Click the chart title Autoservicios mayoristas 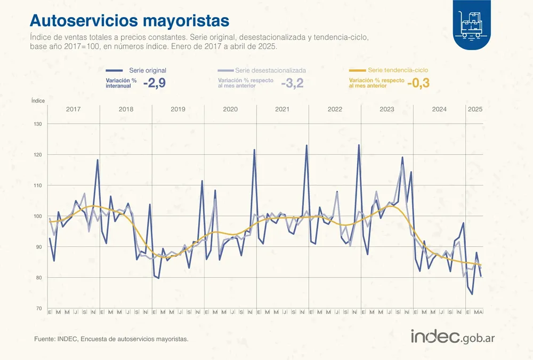pyautogui.click(x=130, y=20)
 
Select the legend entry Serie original pyautogui.click(x=148, y=70)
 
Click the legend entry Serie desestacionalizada pyautogui.click(x=270, y=70)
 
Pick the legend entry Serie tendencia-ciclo pyautogui.click(x=398, y=70)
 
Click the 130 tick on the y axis pyautogui.click(x=38, y=124)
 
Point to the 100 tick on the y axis pyautogui.click(x=38, y=216)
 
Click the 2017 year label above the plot pyautogui.click(x=74, y=109)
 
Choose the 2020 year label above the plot pyautogui.click(x=230, y=109)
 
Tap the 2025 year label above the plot pyautogui.click(x=475, y=109)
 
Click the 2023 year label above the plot pyautogui.click(x=387, y=109)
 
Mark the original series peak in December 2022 pyautogui.click(x=359, y=145)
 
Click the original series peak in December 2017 pyautogui.click(x=98, y=159)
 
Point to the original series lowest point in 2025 pyautogui.click(x=472, y=294)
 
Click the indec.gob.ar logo pyautogui.click(x=454, y=337)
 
